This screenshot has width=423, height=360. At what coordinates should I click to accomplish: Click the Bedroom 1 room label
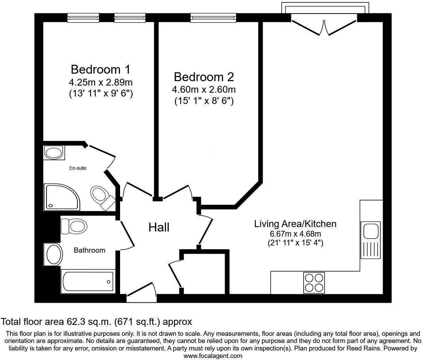(x=100, y=70)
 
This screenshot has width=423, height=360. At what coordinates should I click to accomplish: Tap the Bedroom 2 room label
(x=204, y=77)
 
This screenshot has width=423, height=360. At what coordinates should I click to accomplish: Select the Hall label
(x=159, y=227)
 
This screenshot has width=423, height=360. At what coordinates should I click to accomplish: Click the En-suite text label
(x=78, y=168)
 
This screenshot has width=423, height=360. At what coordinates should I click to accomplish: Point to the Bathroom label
(x=89, y=250)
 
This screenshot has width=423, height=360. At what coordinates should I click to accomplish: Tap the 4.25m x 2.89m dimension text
(x=100, y=82)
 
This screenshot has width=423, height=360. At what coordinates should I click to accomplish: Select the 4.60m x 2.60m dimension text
(x=204, y=90)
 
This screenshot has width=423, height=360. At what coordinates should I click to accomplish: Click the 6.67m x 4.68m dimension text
(x=295, y=234)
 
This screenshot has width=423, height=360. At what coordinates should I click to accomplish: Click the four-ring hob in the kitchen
(x=313, y=283)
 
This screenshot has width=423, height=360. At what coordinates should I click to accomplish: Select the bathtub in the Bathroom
(x=88, y=282)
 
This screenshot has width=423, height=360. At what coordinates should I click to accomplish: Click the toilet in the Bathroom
(x=74, y=226)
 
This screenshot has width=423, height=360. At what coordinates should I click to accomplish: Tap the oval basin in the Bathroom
(x=54, y=254)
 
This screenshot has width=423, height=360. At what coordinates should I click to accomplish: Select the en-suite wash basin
(x=54, y=152)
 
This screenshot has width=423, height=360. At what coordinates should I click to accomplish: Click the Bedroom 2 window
(x=213, y=18)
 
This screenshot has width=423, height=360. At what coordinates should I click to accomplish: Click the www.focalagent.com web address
(x=213, y=356)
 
